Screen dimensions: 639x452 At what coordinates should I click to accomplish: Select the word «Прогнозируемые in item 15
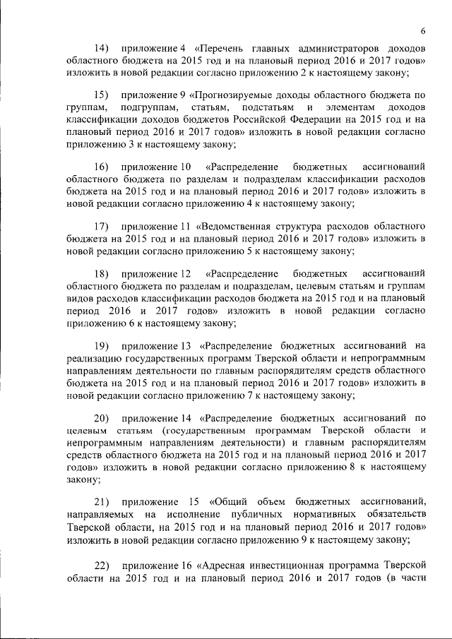[248, 94]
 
